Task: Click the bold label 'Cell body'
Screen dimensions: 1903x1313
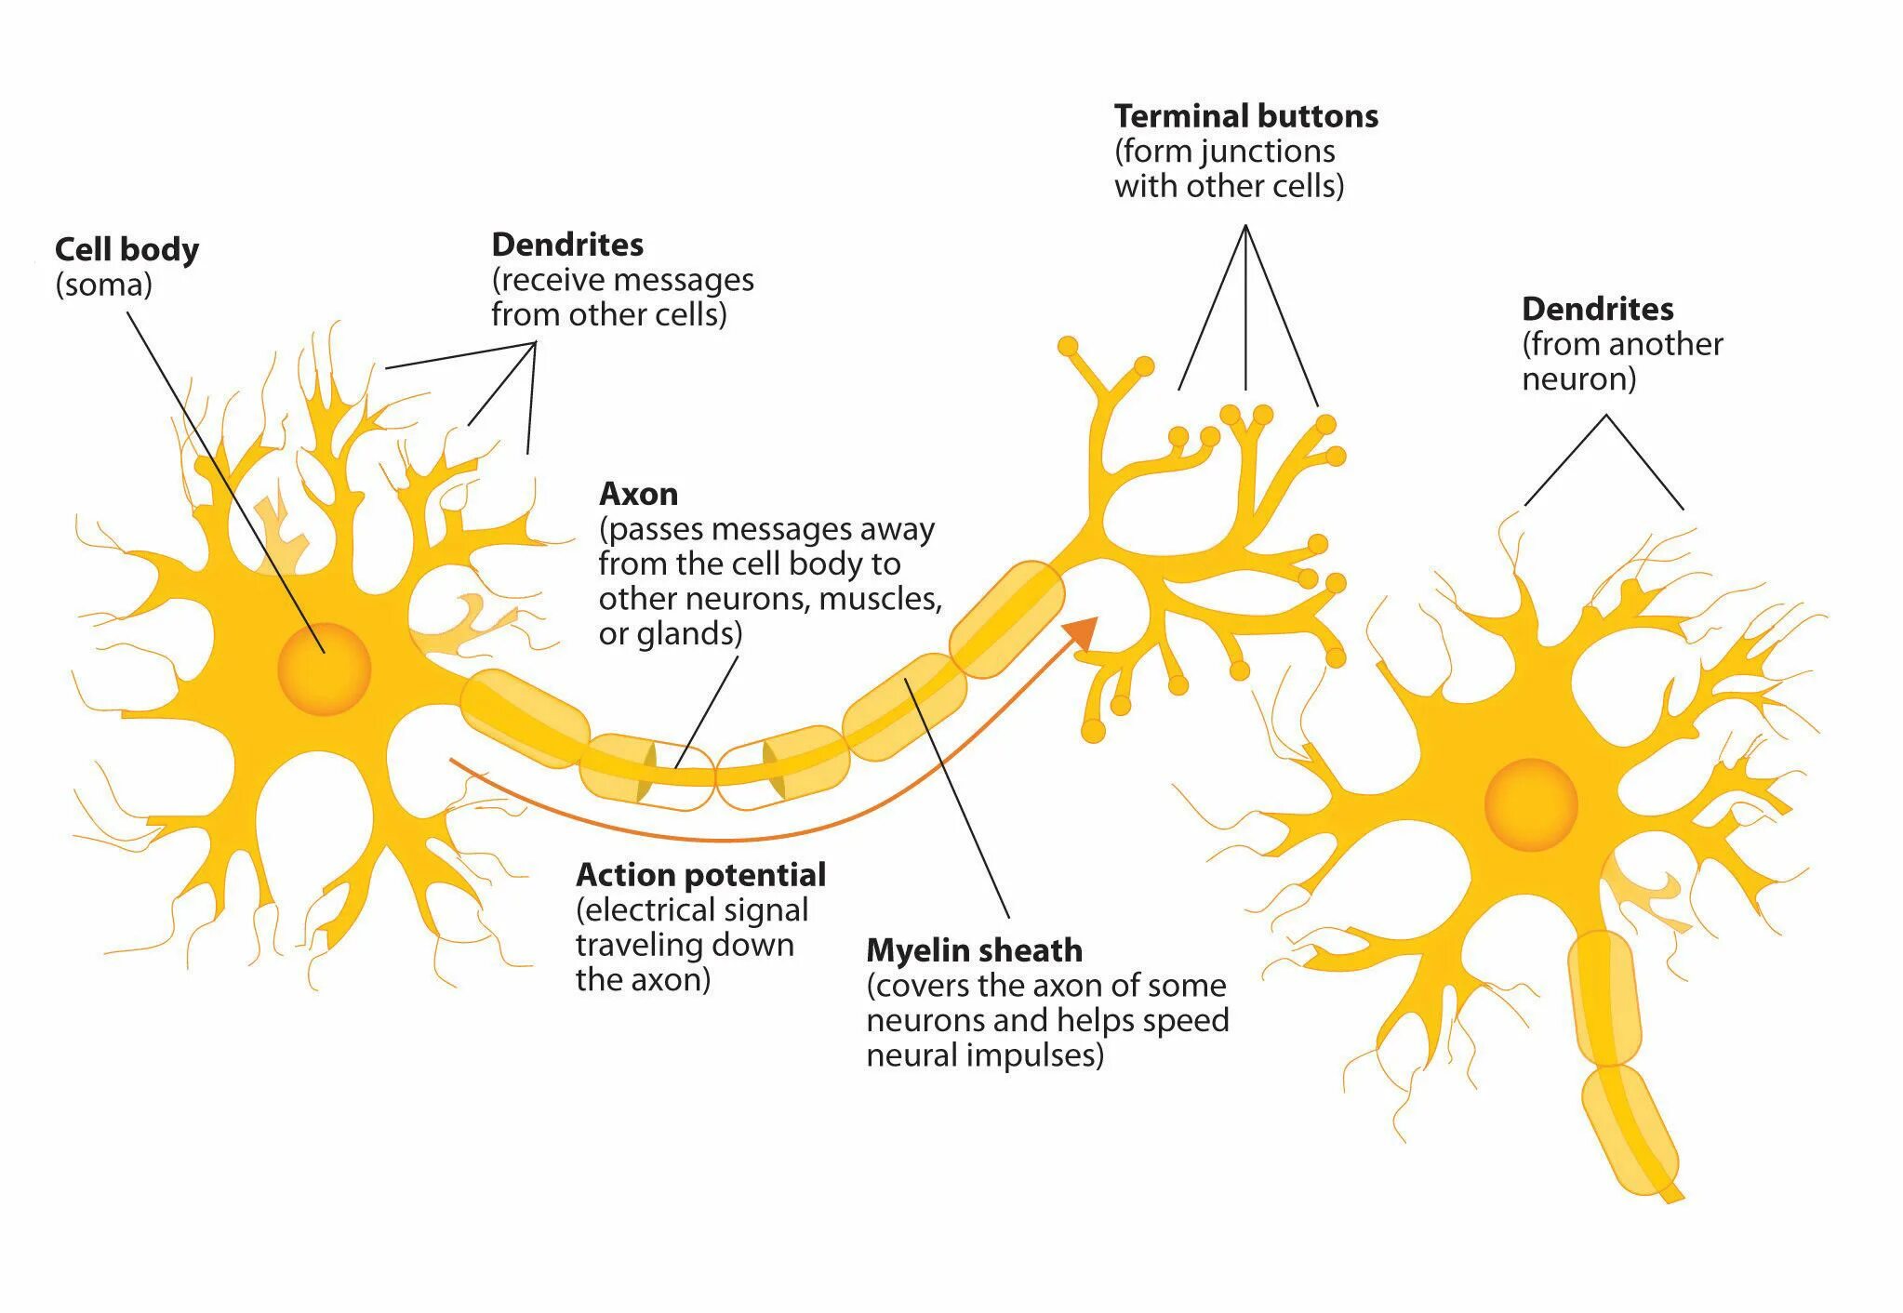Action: pyautogui.click(x=126, y=249)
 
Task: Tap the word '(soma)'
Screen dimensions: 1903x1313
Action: pyautogui.click(x=103, y=285)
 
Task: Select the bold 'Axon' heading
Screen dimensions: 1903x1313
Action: pyautogui.click(x=638, y=493)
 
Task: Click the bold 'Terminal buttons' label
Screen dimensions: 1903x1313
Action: pyautogui.click(x=1245, y=116)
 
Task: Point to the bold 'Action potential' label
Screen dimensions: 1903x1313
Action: pyautogui.click(x=700, y=875)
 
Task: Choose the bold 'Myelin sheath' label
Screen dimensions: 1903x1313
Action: pyautogui.click(x=974, y=950)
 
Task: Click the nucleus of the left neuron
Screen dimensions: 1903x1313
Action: pyautogui.click(x=324, y=669)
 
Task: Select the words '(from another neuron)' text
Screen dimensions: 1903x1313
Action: pyautogui.click(x=1621, y=362)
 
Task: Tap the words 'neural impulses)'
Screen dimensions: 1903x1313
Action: pyautogui.click(x=984, y=1055)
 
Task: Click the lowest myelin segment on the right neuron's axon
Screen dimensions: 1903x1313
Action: pyautogui.click(x=1630, y=1129)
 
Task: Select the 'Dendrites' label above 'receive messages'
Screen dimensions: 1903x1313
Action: pyautogui.click(x=567, y=245)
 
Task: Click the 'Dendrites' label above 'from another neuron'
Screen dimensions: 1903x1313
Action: pyautogui.click(x=1597, y=309)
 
